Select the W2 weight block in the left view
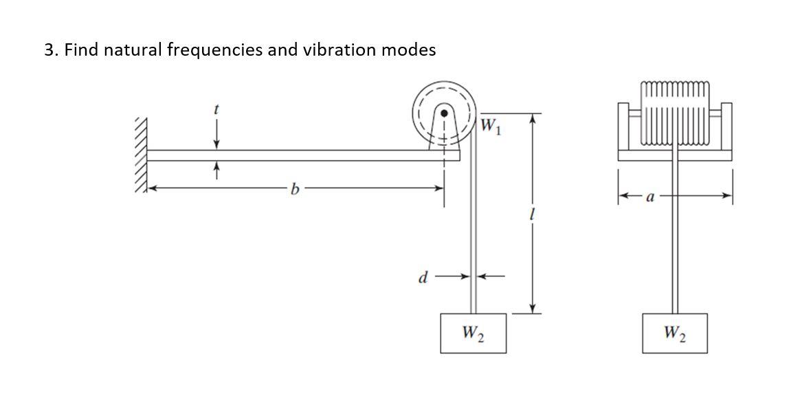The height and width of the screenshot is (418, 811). (473, 333)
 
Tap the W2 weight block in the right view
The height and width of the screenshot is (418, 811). (675, 333)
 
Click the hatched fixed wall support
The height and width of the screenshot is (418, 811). (141, 155)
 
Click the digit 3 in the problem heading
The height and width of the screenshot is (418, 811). (49, 50)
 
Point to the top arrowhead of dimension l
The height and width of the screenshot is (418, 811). (531, 118)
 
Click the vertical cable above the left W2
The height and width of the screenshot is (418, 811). (473, 241)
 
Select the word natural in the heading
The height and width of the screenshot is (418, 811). (133, 50)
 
